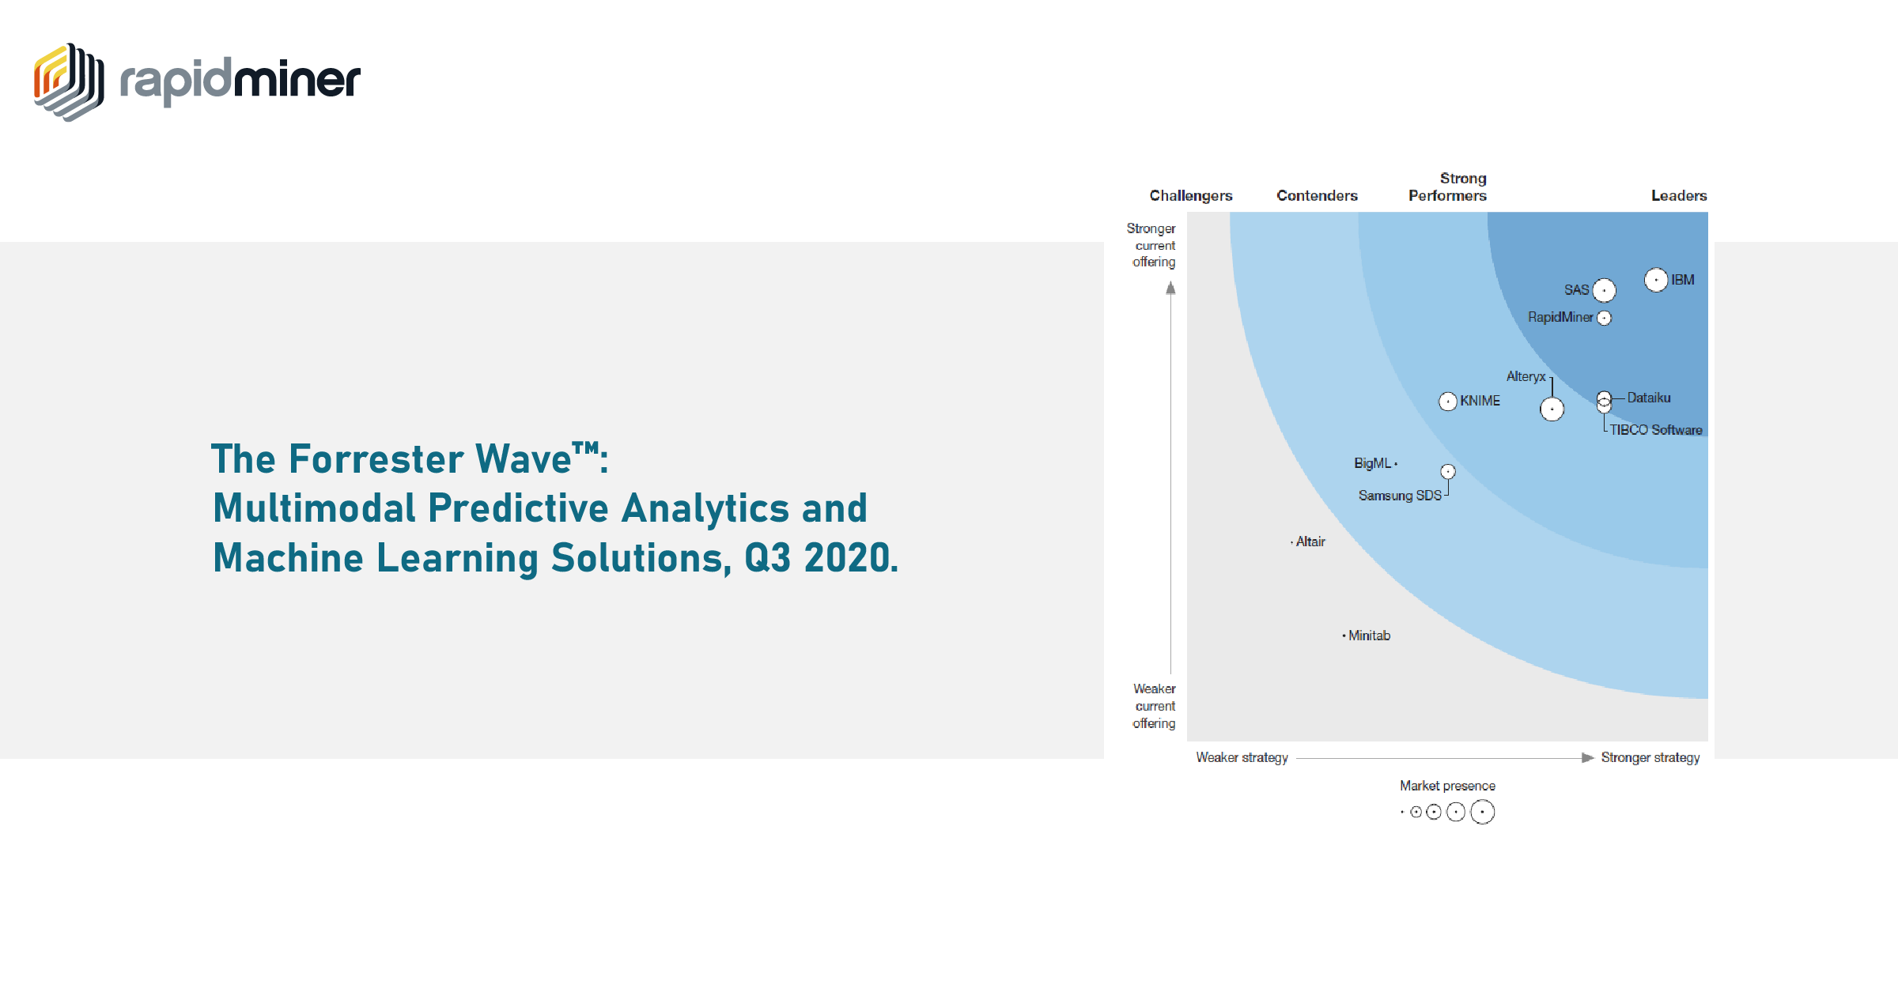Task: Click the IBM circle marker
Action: (x=1656, y=280)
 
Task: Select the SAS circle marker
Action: (x=1604, y=291)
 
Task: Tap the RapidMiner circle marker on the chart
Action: (x=1604, y=318)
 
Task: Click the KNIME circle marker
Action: (x=1447, y=402)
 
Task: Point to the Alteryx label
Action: (x=1526, y=376)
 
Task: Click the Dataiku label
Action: (x=1649, y=398)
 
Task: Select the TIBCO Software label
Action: (x=1656, y=430)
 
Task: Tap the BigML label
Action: (x=1372, y=463)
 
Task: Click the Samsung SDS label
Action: (x=1400, y=496)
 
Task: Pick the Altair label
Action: (x=1310, y=541)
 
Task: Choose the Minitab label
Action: (x=1369, y=636)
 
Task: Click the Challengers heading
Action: (x=1191, y=195)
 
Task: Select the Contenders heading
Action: (x=1317, y=195)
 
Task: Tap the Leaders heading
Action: (x=1679, y=195)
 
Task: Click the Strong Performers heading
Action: (x=1448, y=187)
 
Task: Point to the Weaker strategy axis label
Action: (x=1242, y=757)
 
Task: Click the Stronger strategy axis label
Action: (x=1650, y=757)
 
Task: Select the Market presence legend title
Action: (x=1447, y=786)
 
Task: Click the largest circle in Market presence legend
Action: (x=1482, y=812)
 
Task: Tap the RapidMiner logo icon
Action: (x=69, y=82)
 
